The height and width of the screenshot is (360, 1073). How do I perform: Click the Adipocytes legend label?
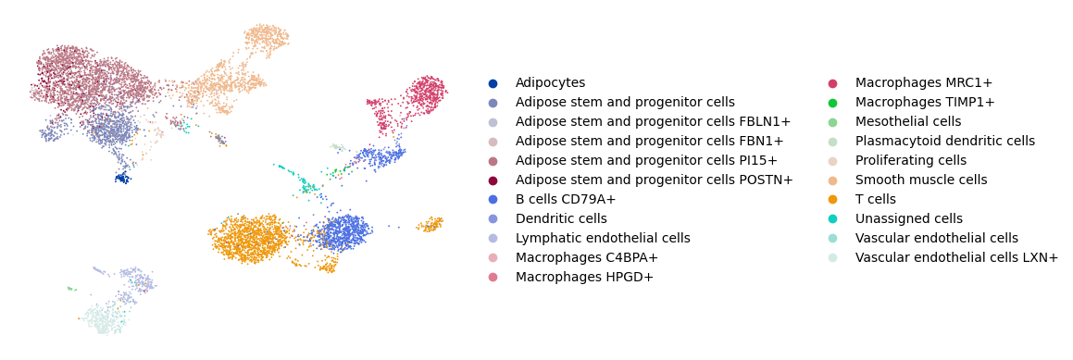(x=550, y=82)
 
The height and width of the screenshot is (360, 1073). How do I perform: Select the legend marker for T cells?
(x=833, y=200)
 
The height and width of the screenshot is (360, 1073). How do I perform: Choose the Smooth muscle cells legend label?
(x=921, y=180)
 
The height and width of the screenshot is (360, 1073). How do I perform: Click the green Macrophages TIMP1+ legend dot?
(x=833, y=103)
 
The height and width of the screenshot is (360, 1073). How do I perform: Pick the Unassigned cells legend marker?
(x=833, y=219)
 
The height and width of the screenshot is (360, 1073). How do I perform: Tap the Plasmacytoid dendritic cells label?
(x=945, y=141)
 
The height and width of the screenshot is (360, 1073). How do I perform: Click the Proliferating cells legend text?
(x=911, y=161)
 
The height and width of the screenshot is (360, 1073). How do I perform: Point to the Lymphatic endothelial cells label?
(x=603, y=238)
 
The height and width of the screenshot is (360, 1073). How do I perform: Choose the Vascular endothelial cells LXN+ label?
(x=956, y=258)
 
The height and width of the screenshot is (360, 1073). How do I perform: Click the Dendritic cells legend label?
(x=561, y=219)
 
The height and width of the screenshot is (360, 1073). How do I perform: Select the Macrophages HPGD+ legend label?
(x=584, y=278)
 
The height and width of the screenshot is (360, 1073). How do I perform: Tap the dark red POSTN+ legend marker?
(x=493, y=180)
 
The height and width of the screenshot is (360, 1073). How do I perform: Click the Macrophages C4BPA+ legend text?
(x=586, y=258)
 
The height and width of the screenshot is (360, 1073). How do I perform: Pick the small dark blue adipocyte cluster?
(x=122, y=178)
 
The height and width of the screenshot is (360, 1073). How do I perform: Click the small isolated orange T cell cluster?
(x=429, y=224)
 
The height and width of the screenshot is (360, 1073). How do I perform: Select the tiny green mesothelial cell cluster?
(x=69, y=289)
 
